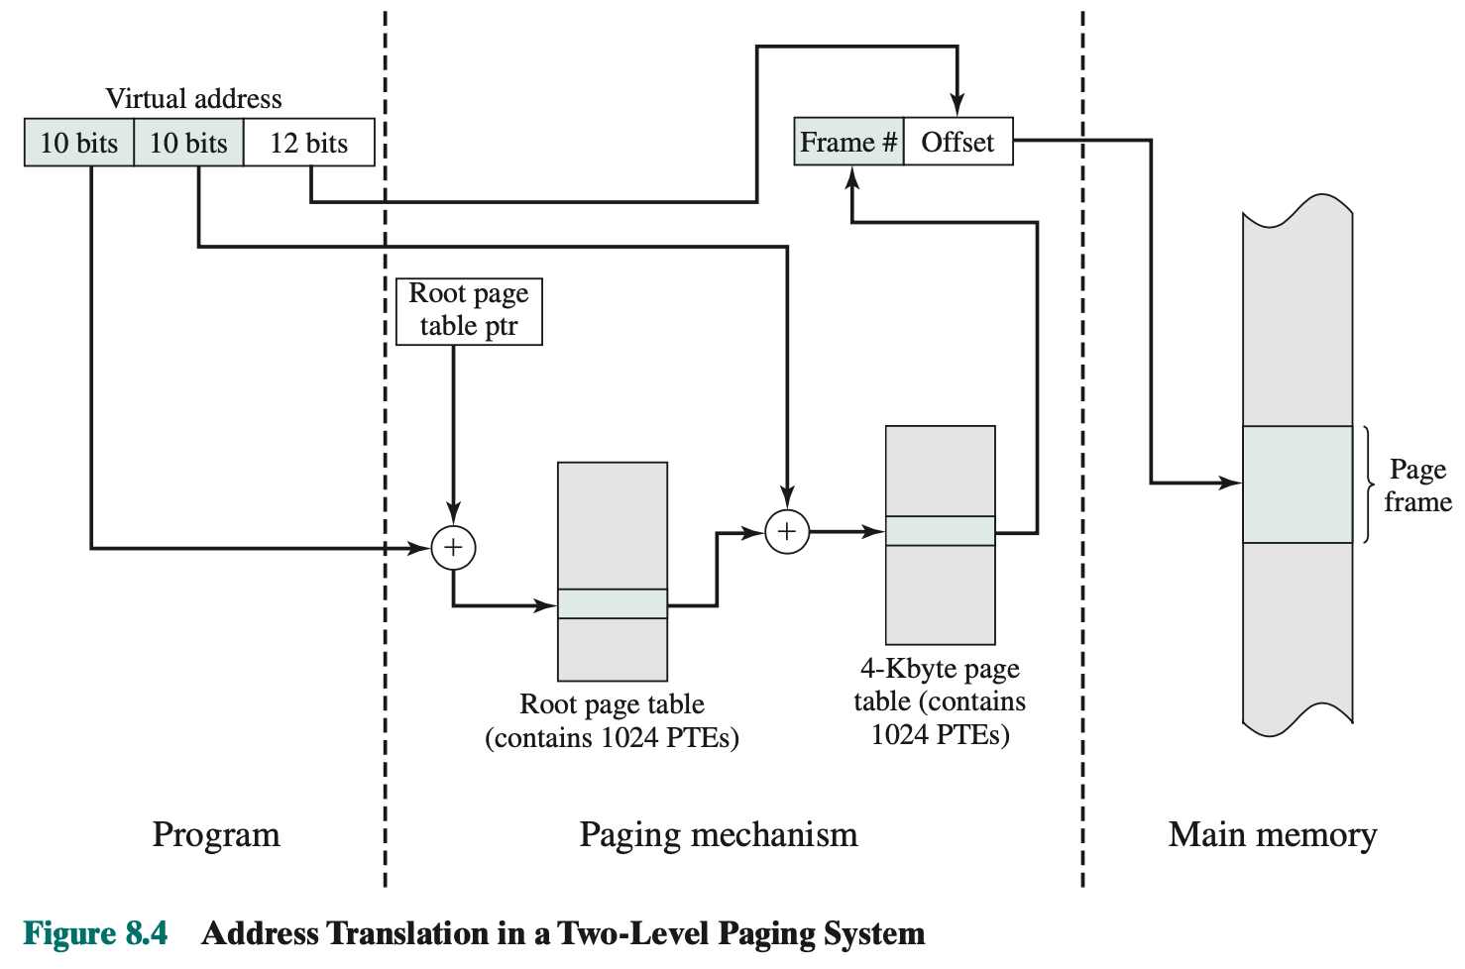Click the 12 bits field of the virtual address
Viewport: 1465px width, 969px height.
pyautogui.click(x=309, y=143)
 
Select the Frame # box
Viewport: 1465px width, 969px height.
pyautogui.click(x=848, y=142)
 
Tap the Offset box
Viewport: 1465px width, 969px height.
pyautogui.click(x=958, y=142)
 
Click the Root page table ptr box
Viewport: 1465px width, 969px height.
pyautogui.click(x=469, y=311)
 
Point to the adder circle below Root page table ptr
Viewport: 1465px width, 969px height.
pyautogui.click(x=454, y=548)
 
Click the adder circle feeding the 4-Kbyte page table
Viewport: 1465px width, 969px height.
pyautogui.click(x=787, y=532)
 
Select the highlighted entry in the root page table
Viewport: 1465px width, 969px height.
pyautogui.click(x=613, y=603)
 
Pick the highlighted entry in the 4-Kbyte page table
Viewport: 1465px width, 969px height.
pyautogui.click(x=940, y=531)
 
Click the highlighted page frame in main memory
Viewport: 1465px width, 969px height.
pyautogui.click(x=1296, y=484)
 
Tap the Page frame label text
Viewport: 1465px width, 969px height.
pyautogui.click(x=1417, y=485)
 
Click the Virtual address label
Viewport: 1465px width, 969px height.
pyautogui.click(x=193, y=99)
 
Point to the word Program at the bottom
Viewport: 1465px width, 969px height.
pyautogui.click(x=216, y=834)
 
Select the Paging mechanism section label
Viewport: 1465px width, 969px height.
pyautogui.click(x=719, y=834)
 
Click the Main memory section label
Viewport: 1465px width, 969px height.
pyautogui.click(x=1273, y=834)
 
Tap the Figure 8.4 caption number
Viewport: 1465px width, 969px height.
pyautogui.click(x=96, y=933)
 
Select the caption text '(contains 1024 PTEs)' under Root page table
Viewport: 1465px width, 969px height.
pyautogui.click(x=612, y=738)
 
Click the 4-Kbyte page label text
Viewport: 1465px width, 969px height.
pyautogui.click(x=940, y=669)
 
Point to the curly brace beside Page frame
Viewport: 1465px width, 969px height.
pyautogui.click(x=1369, y=484)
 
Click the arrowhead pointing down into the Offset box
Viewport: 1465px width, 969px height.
pyautogui.click(x=958, y=104)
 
